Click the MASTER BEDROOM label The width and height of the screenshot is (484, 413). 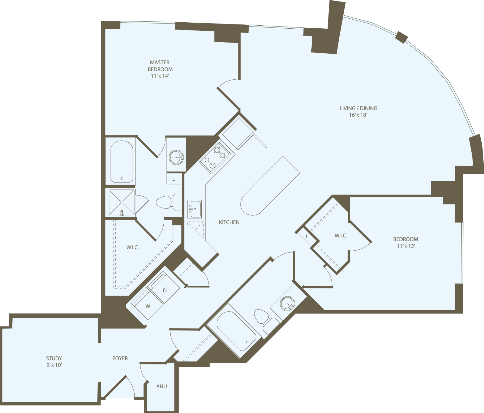click(160, 66)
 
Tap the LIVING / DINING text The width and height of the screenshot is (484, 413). click(358, 108)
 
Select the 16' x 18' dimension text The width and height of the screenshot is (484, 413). click(358, 115)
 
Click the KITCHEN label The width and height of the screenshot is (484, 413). click(229, 222)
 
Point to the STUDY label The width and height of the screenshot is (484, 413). click(54, 358)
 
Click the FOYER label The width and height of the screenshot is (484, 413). click(120, 358)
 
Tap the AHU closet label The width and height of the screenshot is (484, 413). click(162, 386)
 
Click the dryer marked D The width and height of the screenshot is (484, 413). click(165, 291)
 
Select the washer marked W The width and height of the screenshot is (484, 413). click(148, 306)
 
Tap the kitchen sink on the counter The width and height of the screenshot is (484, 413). click(194, 209)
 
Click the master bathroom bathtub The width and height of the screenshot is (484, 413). click(122, 162)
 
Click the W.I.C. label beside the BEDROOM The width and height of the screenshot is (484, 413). click(341, 236)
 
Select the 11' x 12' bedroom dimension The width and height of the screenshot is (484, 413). click(406, 246)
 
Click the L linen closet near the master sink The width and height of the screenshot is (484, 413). click(174, 179)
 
